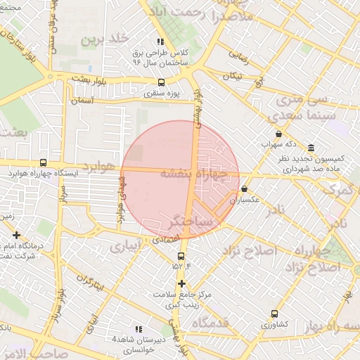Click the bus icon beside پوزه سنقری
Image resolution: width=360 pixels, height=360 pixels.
coord(162,82)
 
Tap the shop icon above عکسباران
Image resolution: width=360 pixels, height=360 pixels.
coord(244,188)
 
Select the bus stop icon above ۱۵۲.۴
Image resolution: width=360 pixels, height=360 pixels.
coord(181,255)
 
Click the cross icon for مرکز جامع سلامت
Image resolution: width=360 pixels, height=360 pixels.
coord(181,283)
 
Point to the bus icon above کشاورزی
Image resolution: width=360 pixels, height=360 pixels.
coord(274,314)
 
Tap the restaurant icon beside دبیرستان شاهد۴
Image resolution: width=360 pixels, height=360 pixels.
coord(138,329)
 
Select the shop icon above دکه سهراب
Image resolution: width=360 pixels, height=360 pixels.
coord(279,134)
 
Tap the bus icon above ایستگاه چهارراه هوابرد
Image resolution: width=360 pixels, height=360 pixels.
coord(44,163)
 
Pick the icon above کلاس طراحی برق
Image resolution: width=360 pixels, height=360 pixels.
coord(160,42)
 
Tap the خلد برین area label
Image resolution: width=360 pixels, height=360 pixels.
coord(105,39)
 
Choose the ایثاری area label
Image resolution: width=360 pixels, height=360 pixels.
coord(124,247)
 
